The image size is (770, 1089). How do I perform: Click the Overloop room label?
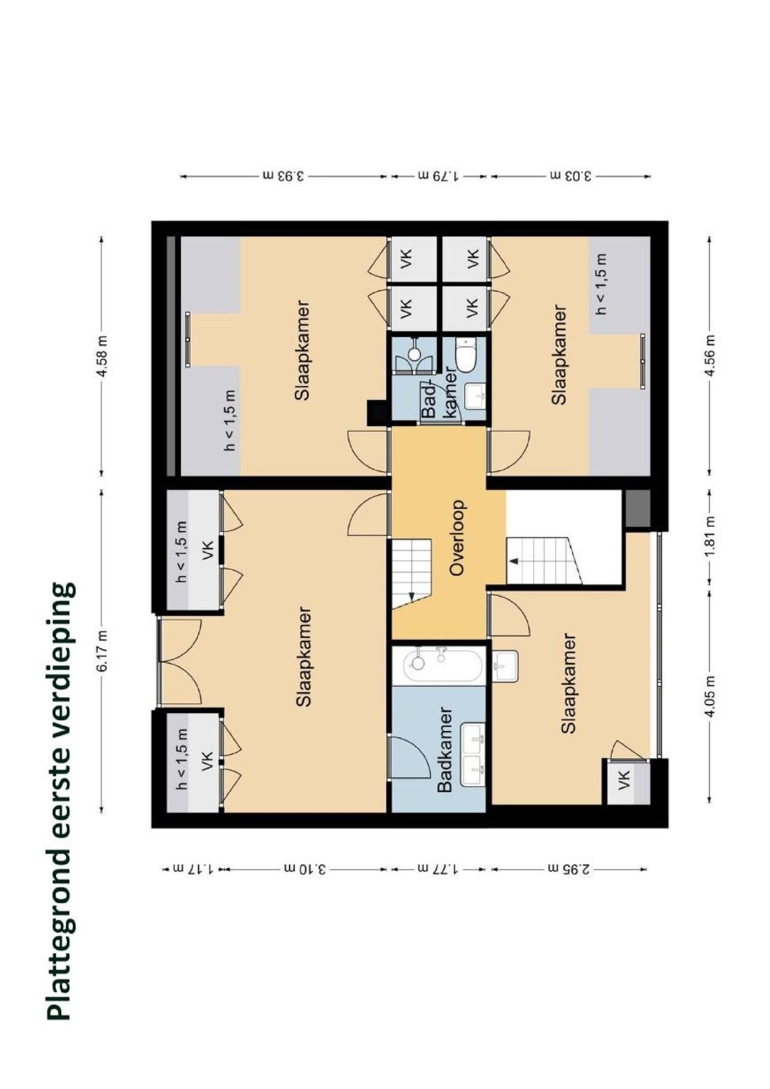[457, 538]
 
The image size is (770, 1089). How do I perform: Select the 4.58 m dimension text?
[103, 355]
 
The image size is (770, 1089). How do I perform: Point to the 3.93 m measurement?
[283, 175]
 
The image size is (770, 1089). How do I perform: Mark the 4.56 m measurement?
[709, 355]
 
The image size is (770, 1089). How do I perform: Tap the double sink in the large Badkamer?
[473, 755]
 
